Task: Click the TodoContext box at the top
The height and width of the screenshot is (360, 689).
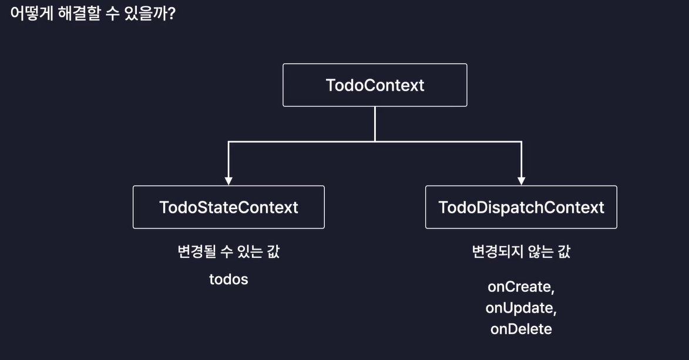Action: coord(375,85)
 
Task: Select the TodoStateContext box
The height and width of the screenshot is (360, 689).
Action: coord(228,207)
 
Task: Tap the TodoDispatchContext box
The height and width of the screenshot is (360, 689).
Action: coord(521,207)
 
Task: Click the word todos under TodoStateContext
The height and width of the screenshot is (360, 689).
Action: coord(228,280)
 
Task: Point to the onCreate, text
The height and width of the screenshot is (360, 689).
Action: coord(521,287)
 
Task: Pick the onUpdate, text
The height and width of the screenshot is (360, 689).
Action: coord(521,308)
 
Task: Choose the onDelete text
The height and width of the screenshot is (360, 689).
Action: coord(521,329)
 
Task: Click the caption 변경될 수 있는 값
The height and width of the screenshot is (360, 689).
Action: coord(228,252)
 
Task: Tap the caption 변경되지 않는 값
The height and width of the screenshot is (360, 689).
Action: coord(521,252)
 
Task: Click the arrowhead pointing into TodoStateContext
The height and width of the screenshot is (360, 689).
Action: coord(228,180)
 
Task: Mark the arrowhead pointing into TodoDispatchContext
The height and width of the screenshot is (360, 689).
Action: coord(521,180)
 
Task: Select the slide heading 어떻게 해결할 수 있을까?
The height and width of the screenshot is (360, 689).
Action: coord(93,14)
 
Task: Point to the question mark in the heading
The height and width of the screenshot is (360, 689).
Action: coord(171,14)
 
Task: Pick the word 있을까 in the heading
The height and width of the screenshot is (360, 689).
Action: coord(147,14)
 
